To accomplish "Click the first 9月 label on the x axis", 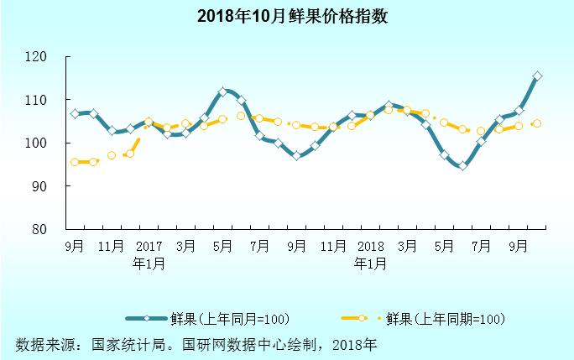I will [75, 247].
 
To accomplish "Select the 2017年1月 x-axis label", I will [149, 254].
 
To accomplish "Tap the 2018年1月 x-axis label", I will [370, 254].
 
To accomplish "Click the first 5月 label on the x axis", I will [222, 247].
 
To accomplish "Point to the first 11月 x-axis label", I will [112, 247].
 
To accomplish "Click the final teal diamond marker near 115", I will [537, 76].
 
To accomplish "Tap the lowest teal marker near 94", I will [462, 166].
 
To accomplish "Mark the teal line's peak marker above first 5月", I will [222, 91].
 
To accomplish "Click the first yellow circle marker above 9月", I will [75, 162].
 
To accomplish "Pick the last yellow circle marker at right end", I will [537, 123].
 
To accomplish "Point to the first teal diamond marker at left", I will [75, 113].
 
